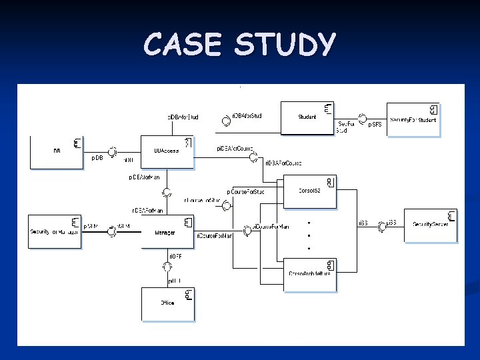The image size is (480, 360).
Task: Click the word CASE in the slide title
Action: coord(181,45)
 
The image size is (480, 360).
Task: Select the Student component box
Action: coord(307,117)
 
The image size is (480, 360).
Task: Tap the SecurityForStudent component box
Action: coord(413,119)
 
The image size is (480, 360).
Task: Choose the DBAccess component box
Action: coord(167,153)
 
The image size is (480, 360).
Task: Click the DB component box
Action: coord(56,151)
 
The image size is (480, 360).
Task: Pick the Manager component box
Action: coord(167,231)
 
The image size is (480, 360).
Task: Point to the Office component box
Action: coord(167,303)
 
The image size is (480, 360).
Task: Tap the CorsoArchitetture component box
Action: coord(311,273)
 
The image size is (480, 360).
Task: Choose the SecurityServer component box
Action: coord(430,226)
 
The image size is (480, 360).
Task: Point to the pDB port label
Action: coord(97,158)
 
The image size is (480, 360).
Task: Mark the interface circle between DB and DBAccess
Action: coord(114,152)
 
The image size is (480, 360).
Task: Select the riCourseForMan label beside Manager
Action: coord(214,235)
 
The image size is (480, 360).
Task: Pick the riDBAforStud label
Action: coord(247,116)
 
